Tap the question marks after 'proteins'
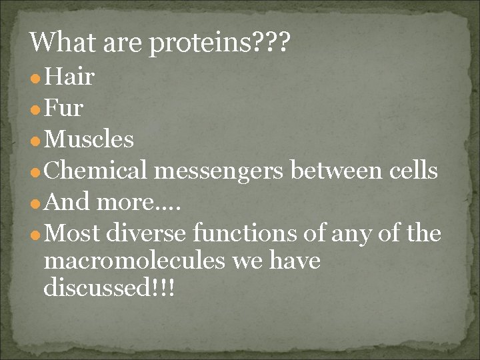coord(272,43)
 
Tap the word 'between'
coord(333,171)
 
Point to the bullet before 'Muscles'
coord(34,141)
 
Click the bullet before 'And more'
coord(34,204)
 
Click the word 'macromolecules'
coord(134,261)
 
